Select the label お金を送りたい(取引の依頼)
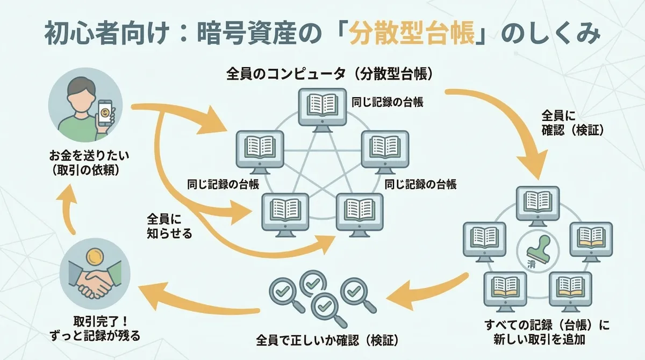coord(86,163)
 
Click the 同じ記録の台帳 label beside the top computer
coord(387,102)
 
